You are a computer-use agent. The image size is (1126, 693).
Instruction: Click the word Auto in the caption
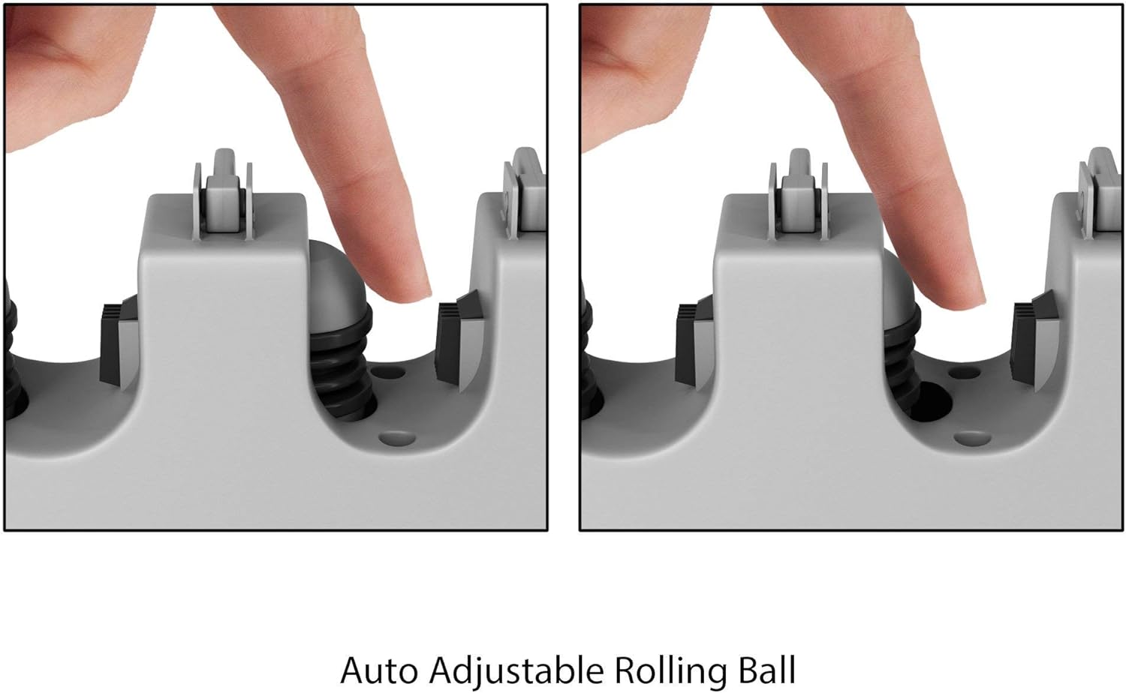(x=378, y=670)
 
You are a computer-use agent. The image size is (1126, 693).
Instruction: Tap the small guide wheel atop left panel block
(x=224, y=193)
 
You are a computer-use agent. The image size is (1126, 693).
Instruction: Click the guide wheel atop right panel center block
(x=799, y=193)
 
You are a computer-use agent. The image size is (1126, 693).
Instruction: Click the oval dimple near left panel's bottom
(x=397, y=439)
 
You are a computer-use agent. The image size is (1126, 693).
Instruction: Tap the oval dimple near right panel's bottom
(x=971, y=439)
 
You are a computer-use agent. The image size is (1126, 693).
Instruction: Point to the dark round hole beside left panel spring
(x=389, y=373)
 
